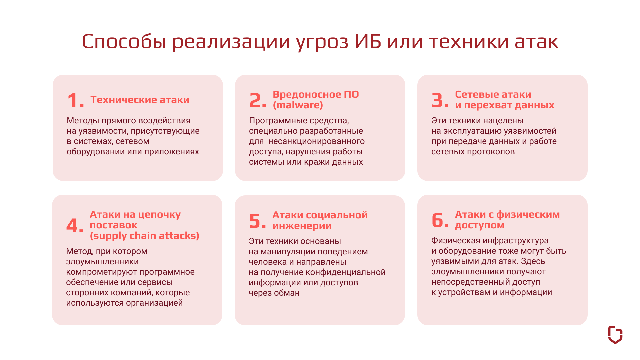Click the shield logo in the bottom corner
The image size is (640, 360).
(615, 335)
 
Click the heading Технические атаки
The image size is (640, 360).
(140, 100)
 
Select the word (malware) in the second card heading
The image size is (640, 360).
(298, 105)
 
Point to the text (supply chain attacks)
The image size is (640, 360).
(145, 236)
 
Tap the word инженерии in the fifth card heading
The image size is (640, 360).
(302, 226)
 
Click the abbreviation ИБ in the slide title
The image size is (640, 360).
(368, 42)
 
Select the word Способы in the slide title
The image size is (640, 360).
(124, 42)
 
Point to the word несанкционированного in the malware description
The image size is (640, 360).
(317, 141)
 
